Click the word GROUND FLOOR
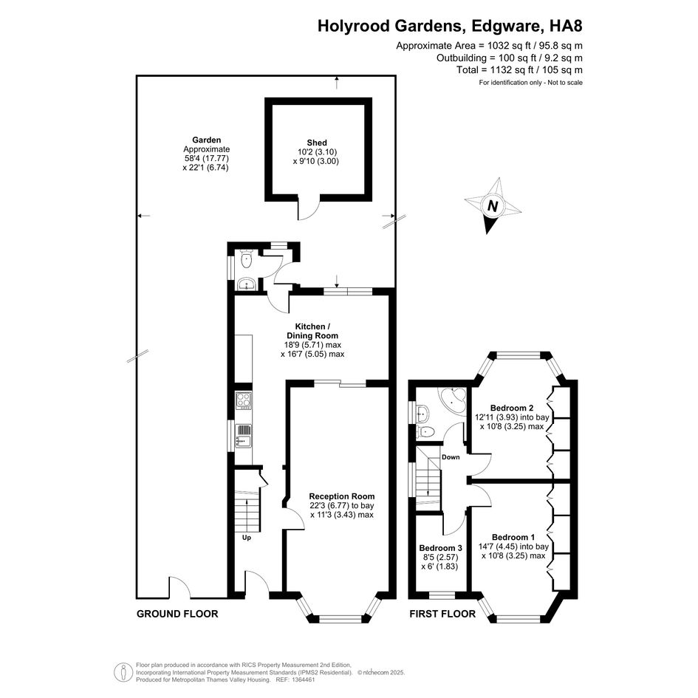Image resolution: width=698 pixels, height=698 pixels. point(177,614)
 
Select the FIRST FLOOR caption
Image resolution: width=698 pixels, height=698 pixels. point(443,614)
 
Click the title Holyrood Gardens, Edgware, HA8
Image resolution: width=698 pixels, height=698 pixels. point(450,26)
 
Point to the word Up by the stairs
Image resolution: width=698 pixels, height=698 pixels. point(247,537)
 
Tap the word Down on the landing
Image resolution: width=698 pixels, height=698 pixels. point(451,457)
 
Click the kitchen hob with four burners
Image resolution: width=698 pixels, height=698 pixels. point(244,401)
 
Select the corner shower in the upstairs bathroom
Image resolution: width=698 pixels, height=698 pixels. point(451,400)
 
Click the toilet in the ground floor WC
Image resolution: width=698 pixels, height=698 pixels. point(247,259)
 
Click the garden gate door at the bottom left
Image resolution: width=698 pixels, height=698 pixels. point(180,588)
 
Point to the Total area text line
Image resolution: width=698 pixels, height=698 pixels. point(519,70)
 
